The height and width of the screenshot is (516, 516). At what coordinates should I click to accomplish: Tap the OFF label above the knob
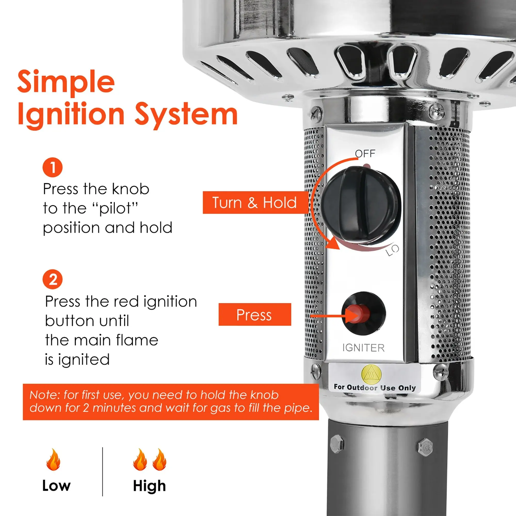tap(365, 154)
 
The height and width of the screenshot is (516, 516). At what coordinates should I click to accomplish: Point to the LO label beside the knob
tap(392, 250)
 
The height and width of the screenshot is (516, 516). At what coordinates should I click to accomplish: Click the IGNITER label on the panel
tap(363, 348)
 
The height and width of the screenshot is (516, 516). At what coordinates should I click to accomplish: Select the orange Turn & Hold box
tap(255, 203)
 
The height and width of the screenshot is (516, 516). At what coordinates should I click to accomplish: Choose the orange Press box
tap(255, 314)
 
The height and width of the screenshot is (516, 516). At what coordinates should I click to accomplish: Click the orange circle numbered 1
tap(52, 167)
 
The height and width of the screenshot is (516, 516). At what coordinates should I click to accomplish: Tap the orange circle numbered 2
tap(52, 279)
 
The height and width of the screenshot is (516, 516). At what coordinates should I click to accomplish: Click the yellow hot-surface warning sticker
tap(371, 374)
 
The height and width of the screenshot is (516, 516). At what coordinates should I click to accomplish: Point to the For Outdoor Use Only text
tap(374, 388)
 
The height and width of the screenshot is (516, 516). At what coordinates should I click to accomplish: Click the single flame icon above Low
tap(53, 459)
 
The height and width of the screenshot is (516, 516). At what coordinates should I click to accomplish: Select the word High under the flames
tap(149, 486)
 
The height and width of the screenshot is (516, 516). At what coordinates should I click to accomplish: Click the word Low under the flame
tap(56, 485)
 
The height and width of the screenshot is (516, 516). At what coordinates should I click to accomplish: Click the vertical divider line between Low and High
tap(103, 471)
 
